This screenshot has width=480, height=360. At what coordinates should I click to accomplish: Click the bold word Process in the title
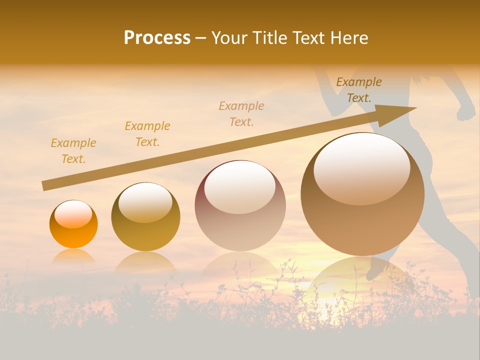click(x=157, y=38)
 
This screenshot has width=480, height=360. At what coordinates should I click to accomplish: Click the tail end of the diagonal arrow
click(x=44, y=186)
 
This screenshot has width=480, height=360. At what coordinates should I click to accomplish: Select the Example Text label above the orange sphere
click(x=73, y=151)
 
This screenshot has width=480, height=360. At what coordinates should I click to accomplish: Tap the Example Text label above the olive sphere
click(x=147, y=134)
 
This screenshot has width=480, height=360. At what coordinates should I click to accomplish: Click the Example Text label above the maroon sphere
click(x=241, y=113)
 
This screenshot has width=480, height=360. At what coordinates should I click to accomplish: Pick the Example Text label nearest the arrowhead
click(x=358, y=90)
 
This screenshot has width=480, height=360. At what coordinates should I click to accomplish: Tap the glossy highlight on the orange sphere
click(x=73, y=214)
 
